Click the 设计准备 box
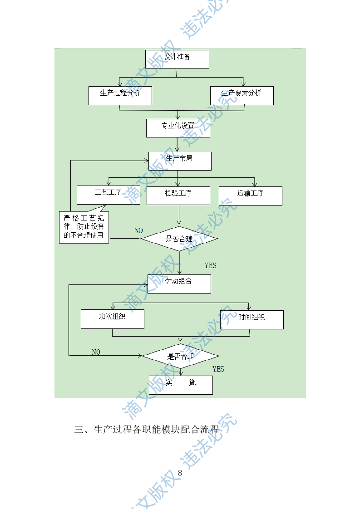177,59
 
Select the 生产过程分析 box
120,95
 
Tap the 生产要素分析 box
242,95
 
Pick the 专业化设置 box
178,127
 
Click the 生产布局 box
180,161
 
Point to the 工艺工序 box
108,195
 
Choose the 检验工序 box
178,195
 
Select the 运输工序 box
250,196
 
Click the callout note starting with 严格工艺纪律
84,227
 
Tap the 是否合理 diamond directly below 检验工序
179,239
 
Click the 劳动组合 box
179,284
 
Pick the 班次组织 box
112,319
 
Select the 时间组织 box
252,319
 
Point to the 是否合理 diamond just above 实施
180,356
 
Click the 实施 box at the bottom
181,385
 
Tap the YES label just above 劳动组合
211,265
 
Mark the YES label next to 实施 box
218,369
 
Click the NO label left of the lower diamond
96,352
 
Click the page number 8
180,473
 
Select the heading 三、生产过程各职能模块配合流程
147,430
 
